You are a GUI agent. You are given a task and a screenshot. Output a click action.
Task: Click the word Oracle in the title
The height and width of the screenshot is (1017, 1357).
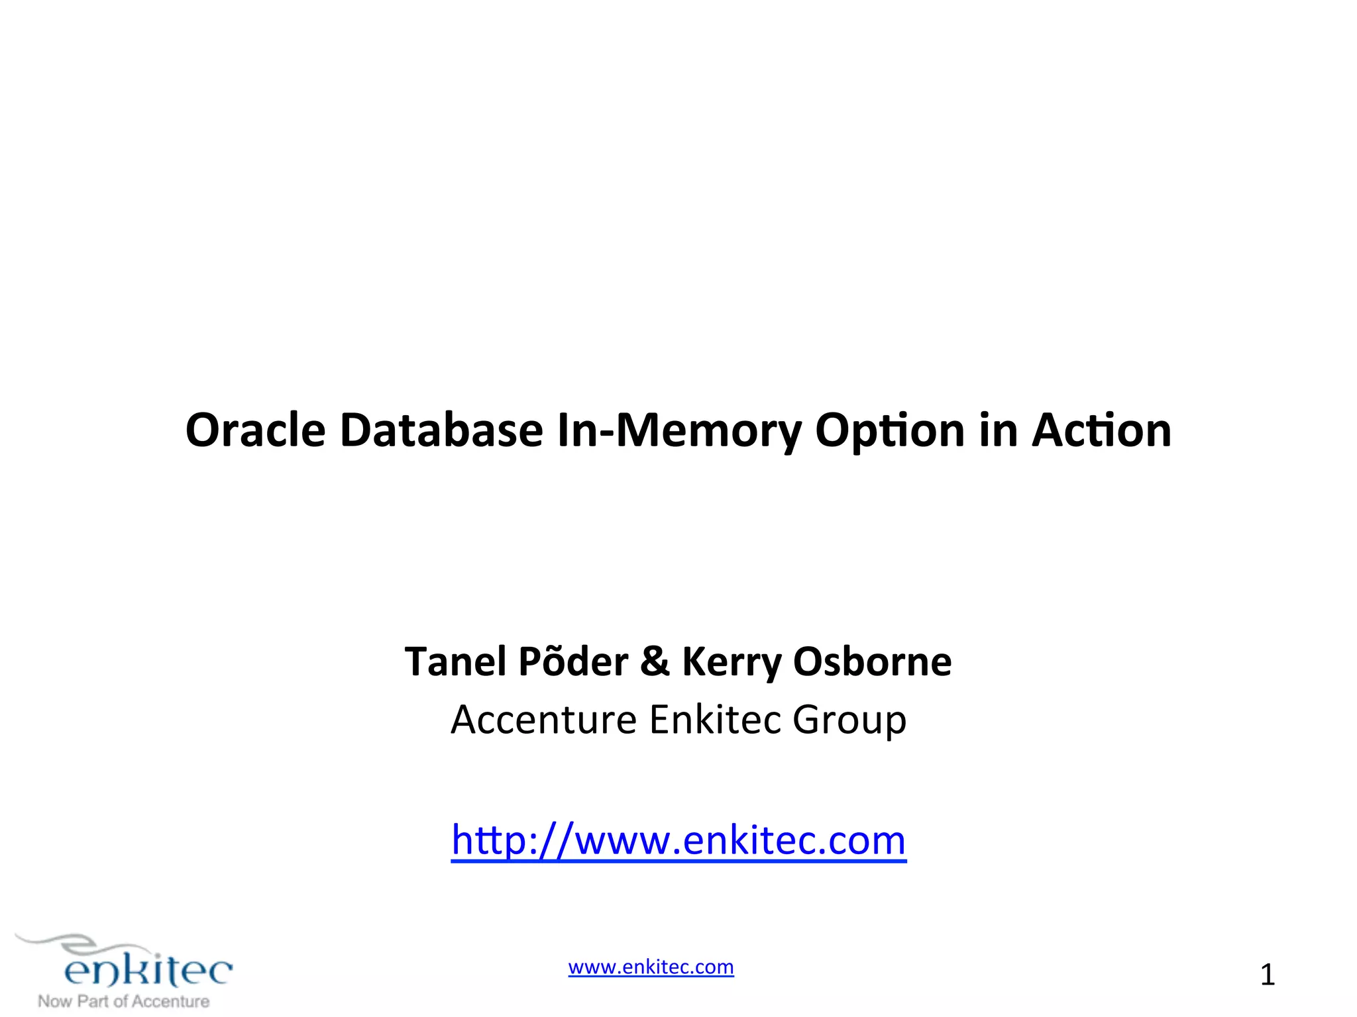[255, 430]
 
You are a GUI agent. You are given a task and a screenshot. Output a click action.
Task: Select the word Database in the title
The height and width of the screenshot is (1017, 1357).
[441, 430]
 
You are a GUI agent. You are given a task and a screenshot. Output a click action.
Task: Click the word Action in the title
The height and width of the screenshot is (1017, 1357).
[1101, 430]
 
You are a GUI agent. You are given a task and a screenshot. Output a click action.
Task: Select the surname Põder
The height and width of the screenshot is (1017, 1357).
[573, 661]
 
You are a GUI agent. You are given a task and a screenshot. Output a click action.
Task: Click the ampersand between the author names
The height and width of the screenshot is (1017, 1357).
[655, 661]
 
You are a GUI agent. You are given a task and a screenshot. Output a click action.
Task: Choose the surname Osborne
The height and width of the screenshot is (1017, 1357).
[873, 661]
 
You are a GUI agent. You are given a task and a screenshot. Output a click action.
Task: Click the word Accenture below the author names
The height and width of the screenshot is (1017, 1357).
[543, 720]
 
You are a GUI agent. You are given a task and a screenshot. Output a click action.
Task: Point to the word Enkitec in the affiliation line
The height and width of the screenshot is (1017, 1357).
[715, 720]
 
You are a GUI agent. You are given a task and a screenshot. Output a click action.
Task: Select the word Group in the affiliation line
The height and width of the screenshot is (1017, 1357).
[849, 721]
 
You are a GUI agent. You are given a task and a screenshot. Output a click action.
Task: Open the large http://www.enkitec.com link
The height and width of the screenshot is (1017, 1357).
[678, 840]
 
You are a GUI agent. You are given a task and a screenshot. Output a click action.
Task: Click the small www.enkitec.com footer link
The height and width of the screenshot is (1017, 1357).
[651, 967]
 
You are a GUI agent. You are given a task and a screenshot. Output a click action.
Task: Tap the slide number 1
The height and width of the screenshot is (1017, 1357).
[1267, 975]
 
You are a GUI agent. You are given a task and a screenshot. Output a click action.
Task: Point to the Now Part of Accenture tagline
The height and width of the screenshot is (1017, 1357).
[124, 1001]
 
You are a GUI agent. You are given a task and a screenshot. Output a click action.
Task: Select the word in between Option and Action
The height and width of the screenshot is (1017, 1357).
[998, 430]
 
